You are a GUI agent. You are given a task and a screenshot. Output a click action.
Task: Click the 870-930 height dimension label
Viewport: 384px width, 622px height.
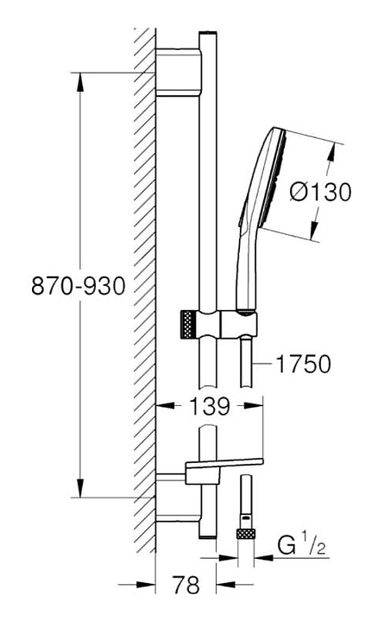[x=79, y=286]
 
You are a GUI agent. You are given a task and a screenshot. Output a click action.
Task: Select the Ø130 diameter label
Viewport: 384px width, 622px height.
[x=320, y=192]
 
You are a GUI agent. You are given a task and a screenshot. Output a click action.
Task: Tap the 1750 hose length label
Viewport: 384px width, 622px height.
[x=303, y=364]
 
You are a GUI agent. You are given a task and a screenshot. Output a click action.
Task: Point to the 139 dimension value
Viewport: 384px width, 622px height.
[x=209, y=406]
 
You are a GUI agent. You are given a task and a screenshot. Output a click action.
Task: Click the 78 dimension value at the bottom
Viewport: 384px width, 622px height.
[x=186, y=585]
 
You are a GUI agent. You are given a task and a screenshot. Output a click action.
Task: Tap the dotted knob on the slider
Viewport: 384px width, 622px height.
[x=189, y=325]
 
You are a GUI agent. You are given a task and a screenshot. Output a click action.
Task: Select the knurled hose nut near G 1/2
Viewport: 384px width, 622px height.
[x=245, y=533]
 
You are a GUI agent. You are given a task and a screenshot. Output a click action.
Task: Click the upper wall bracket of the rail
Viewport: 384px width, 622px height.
[x=179, y=73]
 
